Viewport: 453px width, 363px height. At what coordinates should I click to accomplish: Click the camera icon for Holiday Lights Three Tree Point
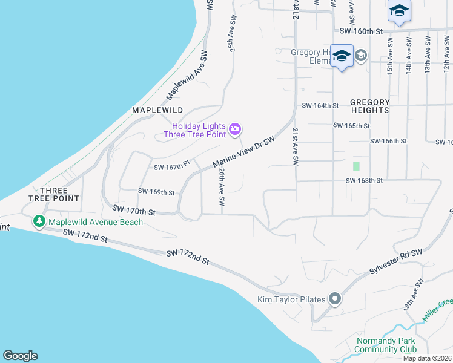[x=235, y=129]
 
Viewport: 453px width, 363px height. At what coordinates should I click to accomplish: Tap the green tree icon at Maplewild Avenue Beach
[x=39, y=222]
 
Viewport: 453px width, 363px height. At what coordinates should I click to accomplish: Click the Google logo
[x=20, y=356]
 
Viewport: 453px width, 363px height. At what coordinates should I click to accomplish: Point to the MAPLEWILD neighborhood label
[x=157, y=110]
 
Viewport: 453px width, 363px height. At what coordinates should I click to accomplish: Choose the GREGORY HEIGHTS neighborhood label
[x=369, y=106]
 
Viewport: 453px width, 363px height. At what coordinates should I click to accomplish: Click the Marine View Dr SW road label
[x=244, y=152]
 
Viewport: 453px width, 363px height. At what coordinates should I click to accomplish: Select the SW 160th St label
[x=362, y=31]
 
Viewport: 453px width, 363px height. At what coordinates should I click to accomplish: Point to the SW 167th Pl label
[x=172, y=166]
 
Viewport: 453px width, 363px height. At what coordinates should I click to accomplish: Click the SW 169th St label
[x=156, y=192]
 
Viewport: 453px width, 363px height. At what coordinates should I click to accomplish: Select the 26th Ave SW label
[x=222, y=186]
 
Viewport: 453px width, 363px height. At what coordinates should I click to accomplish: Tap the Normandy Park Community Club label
[x=386, y=345]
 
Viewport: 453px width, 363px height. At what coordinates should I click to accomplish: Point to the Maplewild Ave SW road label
[x=188, y=75]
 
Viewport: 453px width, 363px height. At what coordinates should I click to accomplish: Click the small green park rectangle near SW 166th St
[x=356, y=165]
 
